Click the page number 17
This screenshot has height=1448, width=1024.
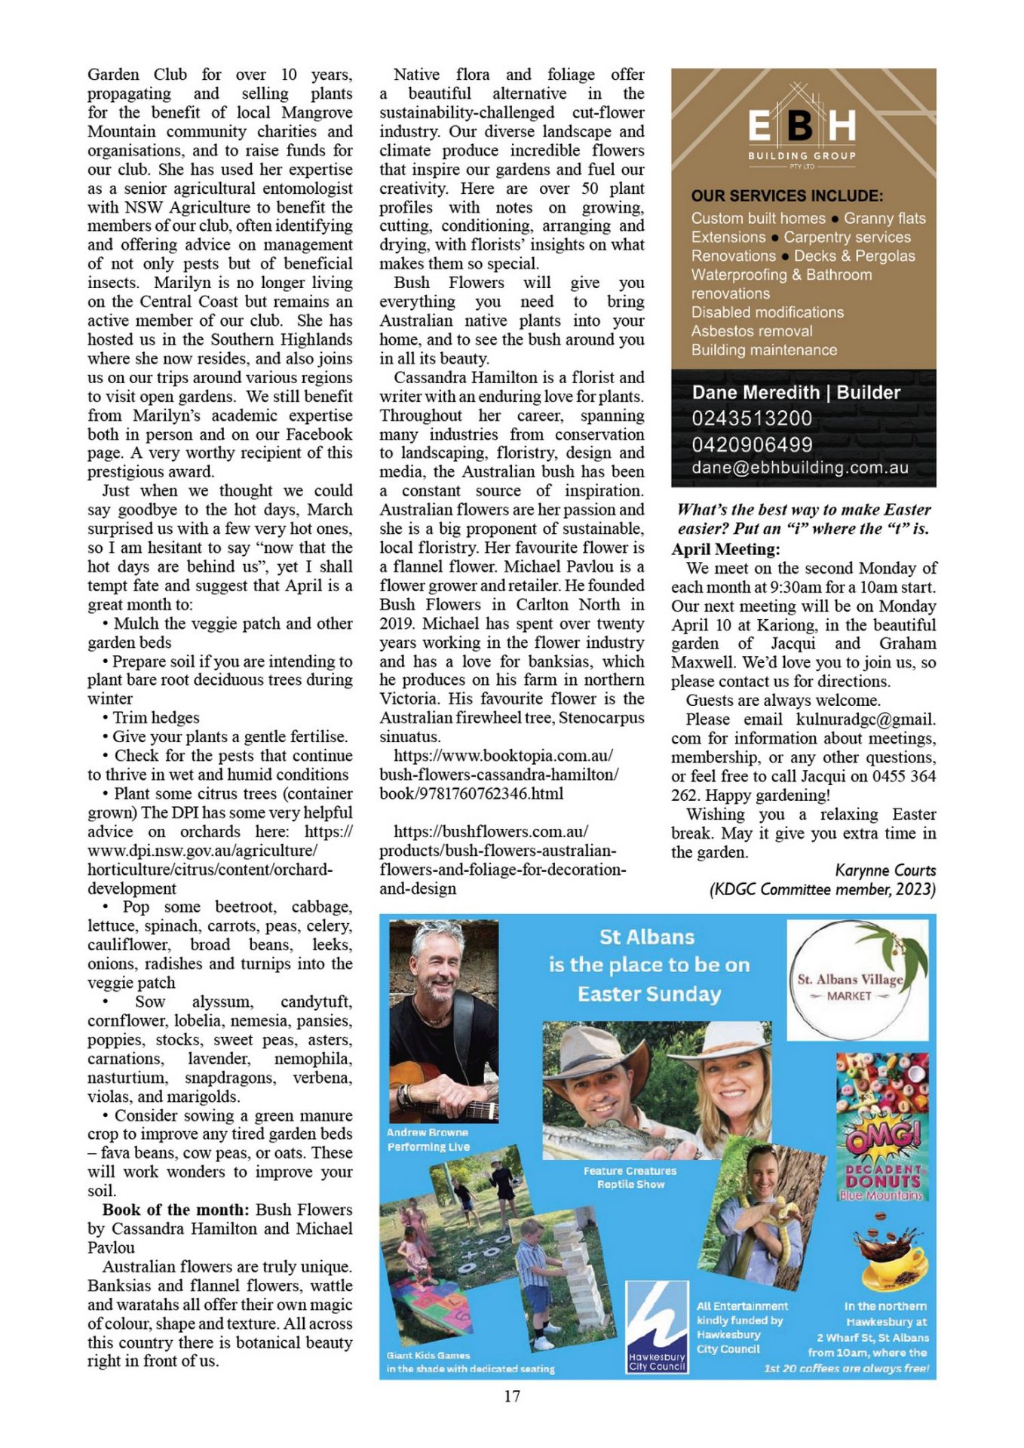point(511,1396)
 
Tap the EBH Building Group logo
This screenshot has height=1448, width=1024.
point(802,127)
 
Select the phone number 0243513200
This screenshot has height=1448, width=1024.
point(752,419)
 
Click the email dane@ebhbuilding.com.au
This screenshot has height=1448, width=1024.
point(799,468)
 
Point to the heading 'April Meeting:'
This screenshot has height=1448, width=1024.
point(725,549)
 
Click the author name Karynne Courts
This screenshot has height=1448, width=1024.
point(885,870)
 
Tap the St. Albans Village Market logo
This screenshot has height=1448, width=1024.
point(857,980)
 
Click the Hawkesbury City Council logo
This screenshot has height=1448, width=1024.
point(656,1325)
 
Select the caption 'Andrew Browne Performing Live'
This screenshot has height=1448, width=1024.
point(428,1139)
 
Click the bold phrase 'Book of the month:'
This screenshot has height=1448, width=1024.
point(175,1210)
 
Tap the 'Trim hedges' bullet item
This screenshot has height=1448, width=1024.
point(155,717)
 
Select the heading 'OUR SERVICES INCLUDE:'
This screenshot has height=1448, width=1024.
point(786,196)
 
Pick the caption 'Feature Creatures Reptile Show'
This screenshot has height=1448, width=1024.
point(630,1177)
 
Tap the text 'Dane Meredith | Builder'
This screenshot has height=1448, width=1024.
point(796,392)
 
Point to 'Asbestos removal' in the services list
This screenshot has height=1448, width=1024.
point(752,331)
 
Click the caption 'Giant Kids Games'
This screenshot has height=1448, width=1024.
point(428,1355)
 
